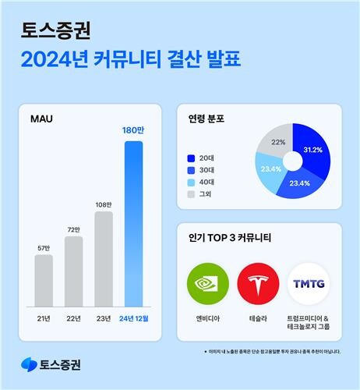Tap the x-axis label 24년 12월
pos(133,318)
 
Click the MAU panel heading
pos(41,120)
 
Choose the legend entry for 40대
pos(205,181)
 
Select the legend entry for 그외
pos(205,193)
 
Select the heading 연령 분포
pos(206,119)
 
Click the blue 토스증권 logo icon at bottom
pos(30,363)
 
